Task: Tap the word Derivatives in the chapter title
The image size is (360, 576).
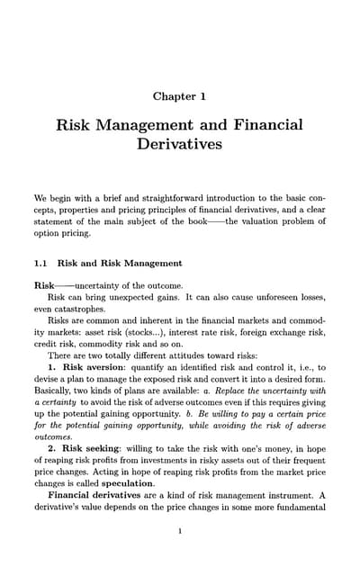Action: pos(180,142)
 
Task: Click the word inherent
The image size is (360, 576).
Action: pos(148,330)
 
